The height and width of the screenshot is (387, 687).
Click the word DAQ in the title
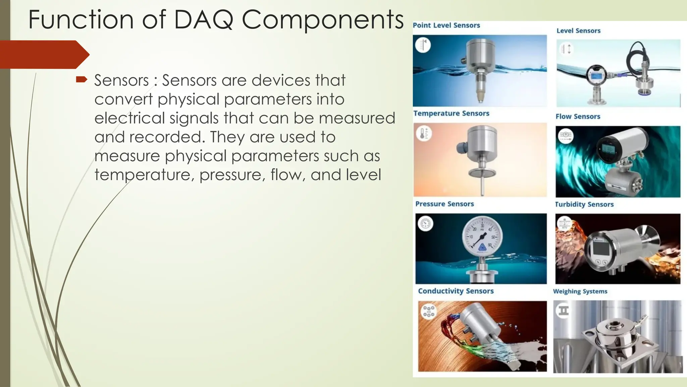204,19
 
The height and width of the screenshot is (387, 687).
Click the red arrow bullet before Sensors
82,80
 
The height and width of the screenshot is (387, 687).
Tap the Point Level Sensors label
446,25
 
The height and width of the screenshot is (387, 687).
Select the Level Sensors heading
578,31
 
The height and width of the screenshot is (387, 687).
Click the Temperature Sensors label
451,113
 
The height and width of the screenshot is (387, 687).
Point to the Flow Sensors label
578,117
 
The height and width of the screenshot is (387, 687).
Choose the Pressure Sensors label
444,204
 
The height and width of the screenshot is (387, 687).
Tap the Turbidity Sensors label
584,204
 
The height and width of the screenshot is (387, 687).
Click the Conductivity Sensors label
456,291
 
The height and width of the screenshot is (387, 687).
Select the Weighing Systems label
580,291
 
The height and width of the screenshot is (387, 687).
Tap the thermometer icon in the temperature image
423,133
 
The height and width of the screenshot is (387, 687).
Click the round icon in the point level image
423,45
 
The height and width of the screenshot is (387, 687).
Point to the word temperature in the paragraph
144,175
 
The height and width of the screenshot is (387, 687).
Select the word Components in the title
322,19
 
